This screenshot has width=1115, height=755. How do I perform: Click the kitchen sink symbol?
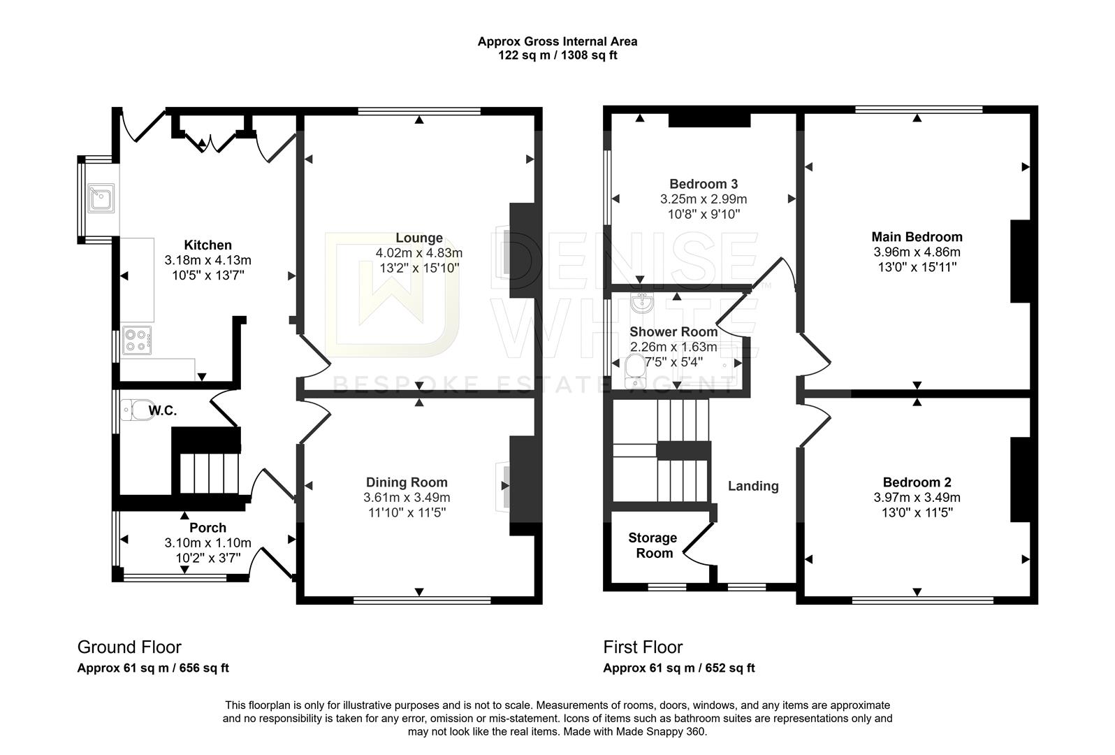(101, 198)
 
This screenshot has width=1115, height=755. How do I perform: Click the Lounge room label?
(418, 238)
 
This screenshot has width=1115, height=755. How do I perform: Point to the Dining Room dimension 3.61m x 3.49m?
(407, 498)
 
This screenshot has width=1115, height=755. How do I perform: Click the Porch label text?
(207, 528)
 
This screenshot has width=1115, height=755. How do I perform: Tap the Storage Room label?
(653, 545)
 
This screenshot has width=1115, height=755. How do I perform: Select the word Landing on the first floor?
(752, 486)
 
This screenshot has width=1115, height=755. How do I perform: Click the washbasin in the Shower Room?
(641, 303)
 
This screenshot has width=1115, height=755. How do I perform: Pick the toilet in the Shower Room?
(634, 371)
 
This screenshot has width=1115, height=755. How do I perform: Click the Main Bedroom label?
(916, 237)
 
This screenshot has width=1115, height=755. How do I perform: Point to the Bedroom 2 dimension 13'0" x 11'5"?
(916, 513)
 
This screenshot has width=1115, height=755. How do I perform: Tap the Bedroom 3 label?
(703, 184)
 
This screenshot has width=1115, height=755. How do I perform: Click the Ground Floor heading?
(129, 647)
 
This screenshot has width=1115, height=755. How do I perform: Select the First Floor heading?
(643, 647)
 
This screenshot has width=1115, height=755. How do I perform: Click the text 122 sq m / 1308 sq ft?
(557, 55)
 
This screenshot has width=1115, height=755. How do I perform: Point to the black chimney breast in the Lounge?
(522, 251)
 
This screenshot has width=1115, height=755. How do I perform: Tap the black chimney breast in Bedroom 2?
(1021, 480)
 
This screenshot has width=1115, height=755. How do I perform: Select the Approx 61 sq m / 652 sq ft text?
(678, 668)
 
